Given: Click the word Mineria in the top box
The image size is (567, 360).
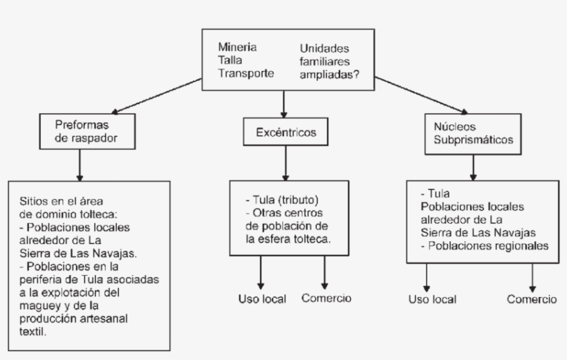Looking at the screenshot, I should click(238, 48).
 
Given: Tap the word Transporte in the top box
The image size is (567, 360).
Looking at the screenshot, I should click(246, 73).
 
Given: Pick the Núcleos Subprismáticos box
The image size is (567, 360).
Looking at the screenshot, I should click(472, 133).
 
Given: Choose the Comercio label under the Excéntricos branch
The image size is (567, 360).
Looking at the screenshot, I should click(326, 299).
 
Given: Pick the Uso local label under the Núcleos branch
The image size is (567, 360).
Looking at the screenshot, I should click(432, 300).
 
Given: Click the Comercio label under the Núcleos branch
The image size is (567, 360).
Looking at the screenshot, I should click(531, 299).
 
